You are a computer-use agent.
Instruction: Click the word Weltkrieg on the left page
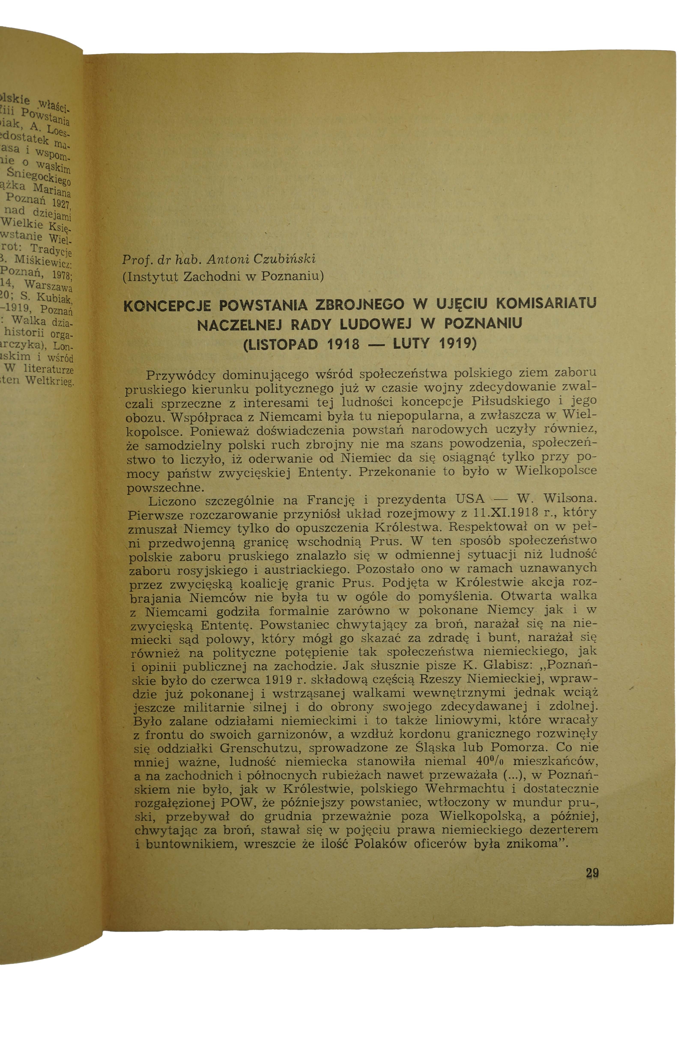(50, 381)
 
